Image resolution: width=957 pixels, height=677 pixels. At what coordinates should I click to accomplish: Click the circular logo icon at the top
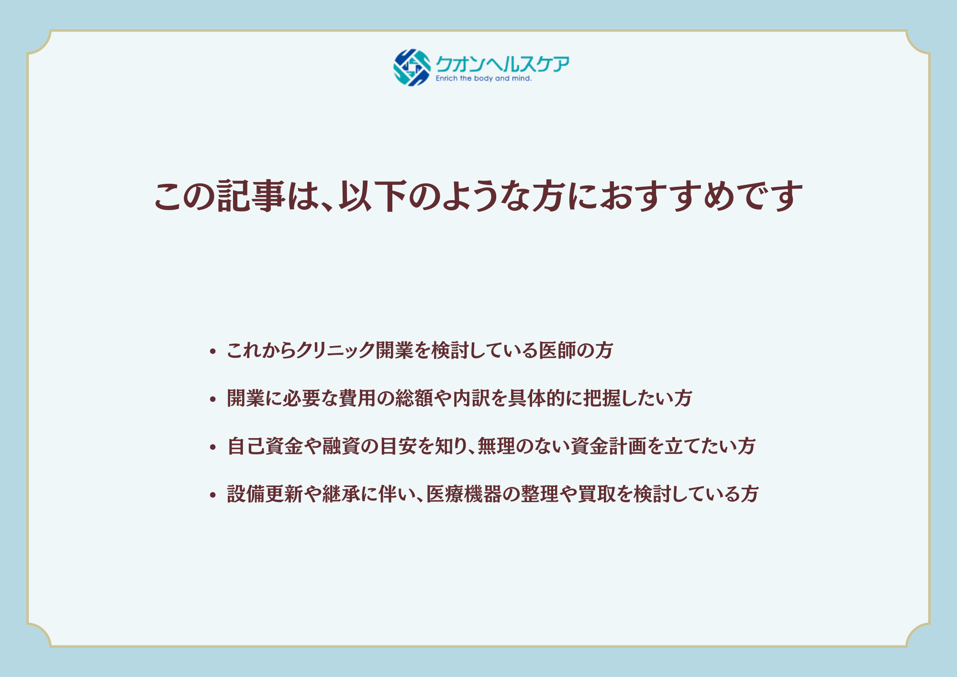(x=412, y=68)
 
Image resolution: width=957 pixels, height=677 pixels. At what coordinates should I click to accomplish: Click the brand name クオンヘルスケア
(x=502, y=64)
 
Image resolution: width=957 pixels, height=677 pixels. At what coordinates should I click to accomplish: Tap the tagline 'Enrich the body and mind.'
(x=483, y=79)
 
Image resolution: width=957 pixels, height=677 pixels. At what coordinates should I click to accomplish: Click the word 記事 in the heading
(x=251, y=196)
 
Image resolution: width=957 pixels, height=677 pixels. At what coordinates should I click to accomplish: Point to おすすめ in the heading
(x=667, y=196)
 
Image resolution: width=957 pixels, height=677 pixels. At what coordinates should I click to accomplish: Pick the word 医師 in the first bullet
(x=557, y=350)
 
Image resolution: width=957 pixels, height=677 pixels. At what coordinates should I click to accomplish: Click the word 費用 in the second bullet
(x=357, y=398)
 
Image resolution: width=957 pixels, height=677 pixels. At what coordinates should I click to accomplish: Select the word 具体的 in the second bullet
(x=536, y=398)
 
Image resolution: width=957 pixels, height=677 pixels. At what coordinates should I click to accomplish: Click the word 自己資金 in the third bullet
(x=265, y=446)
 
